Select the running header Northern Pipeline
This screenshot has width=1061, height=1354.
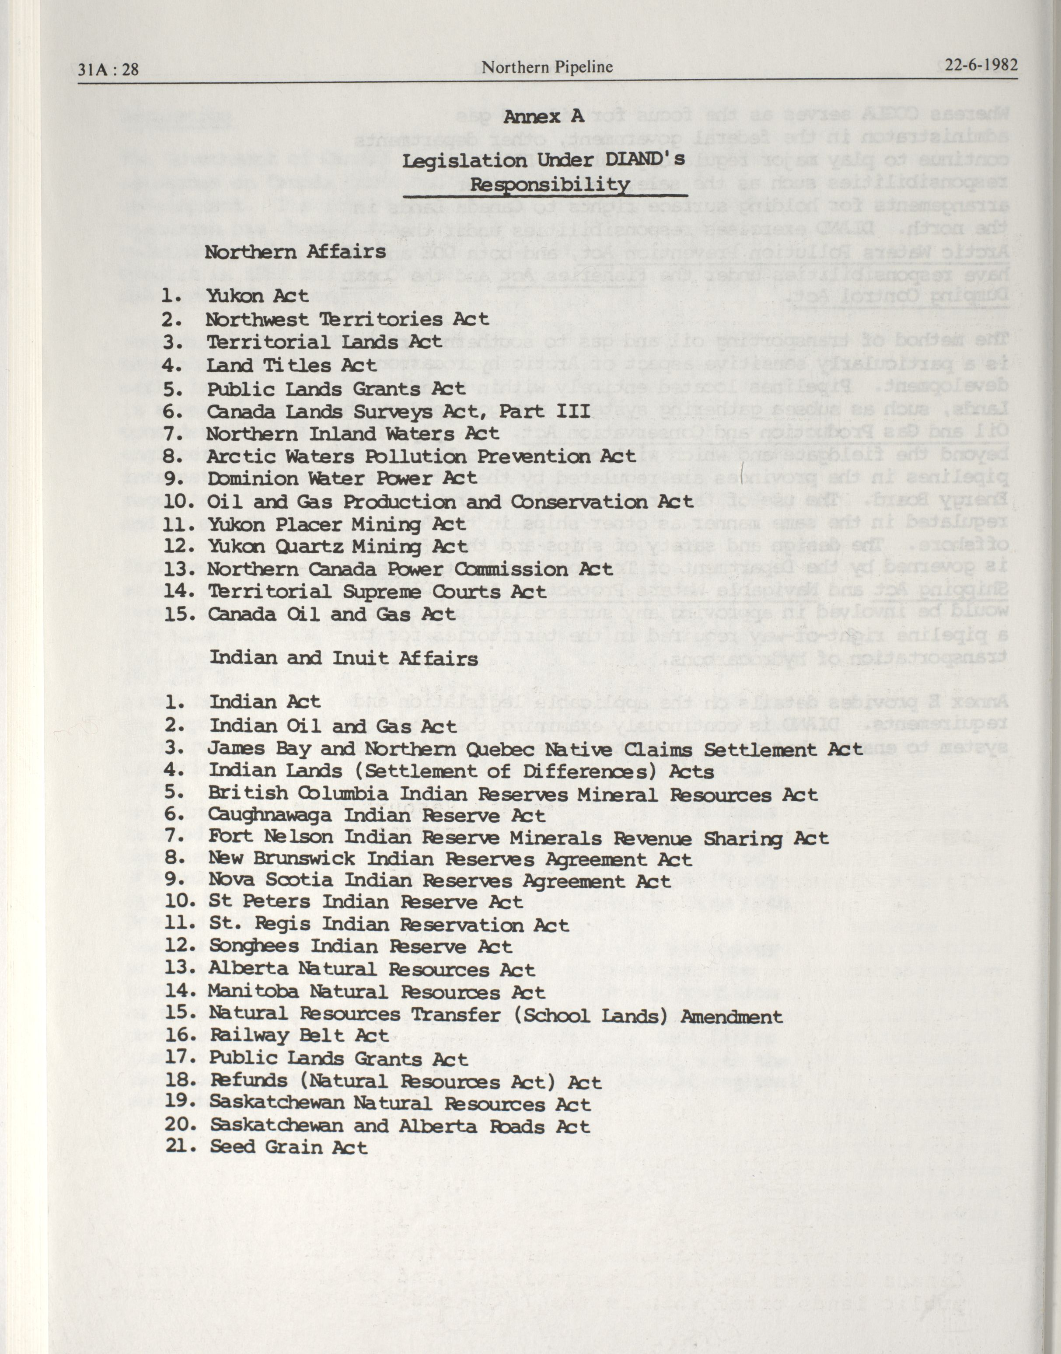[x=547, y=67]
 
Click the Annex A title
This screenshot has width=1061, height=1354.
[x=544, y=116]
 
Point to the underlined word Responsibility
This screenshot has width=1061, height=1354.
[x=549, y=185]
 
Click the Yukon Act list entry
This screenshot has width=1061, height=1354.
[x=257, y=296]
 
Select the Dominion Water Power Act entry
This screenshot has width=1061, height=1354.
[x=342, y=479]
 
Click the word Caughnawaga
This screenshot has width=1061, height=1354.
[x=269, y=816]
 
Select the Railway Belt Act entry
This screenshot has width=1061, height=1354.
[x=299, y=1035]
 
